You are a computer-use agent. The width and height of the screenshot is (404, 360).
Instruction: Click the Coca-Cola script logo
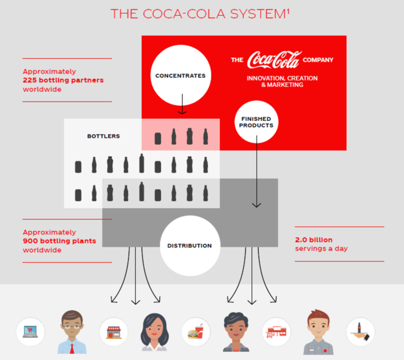point(274,60)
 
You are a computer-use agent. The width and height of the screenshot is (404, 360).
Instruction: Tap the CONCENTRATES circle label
point(180,76)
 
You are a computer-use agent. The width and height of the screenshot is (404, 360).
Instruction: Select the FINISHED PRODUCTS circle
point(256,122)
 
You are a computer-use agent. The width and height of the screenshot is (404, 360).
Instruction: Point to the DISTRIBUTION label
point(190,246)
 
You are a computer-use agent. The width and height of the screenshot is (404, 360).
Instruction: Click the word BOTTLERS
point(104,136)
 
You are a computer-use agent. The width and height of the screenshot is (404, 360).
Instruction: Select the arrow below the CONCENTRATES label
point(182,104)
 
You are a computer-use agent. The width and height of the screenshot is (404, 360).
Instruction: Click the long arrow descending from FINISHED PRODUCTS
point(257,172)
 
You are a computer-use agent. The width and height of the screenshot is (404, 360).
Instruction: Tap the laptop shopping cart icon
point(30,332)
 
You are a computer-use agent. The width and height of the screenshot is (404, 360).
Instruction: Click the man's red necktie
point(72,349)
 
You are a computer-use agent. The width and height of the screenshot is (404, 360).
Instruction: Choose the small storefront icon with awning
point(114,332)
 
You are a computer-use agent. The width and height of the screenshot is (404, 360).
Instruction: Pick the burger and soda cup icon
point(196,332)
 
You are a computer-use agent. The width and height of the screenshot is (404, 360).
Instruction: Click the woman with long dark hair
point(155,332)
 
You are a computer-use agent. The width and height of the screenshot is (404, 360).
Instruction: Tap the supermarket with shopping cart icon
point(276,332)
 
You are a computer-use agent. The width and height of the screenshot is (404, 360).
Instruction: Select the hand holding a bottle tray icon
point(360,332)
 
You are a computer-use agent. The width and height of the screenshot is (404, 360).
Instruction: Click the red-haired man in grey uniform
point(318,332)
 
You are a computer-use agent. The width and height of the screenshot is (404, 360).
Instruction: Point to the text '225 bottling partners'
point(63,80)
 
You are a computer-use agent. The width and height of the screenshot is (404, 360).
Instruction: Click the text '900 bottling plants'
point(59,241)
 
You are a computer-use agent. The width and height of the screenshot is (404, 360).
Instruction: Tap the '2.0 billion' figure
point(314,240)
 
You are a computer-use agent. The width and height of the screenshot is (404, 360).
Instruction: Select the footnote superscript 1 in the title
point(288,11)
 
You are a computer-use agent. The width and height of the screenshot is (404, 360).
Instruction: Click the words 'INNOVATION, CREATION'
point(282,78)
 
